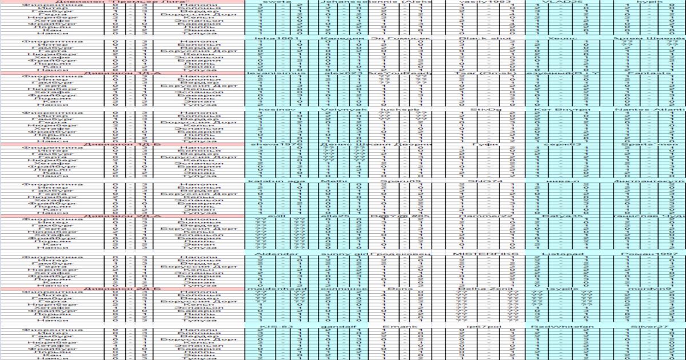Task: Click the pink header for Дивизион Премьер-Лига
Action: pos(122,2)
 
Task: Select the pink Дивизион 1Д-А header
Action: pos(122,73)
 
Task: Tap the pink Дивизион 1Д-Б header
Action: pos(122,145)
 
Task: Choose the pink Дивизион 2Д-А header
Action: pos(122,217)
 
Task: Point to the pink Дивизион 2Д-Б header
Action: pos(122,289)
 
